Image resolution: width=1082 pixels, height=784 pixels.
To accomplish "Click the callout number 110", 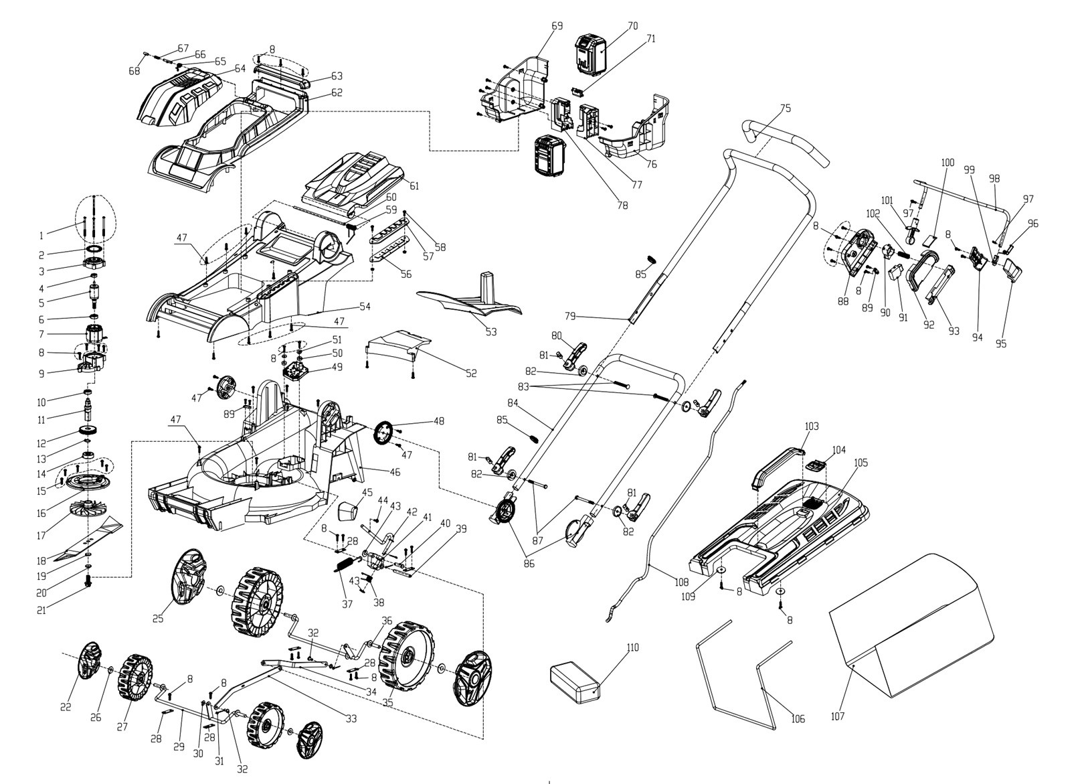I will coord(632,647).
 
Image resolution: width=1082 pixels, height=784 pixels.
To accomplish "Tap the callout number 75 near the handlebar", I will coord(785,108).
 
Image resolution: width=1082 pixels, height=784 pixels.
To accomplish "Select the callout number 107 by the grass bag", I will coord(838,716).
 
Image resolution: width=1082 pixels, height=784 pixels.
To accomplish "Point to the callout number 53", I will coord(491,332).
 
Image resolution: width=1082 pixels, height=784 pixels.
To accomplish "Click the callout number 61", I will coord(414,185).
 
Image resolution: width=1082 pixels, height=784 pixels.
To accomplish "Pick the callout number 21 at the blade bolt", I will coord(41,610).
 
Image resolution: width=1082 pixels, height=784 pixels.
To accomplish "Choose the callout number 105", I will coord(861,463).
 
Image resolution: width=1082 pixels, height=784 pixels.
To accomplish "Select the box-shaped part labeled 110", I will coord(574,679).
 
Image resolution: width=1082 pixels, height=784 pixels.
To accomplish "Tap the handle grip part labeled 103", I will coord(776,465).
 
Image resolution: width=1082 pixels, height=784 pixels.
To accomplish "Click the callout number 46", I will coord(395,472).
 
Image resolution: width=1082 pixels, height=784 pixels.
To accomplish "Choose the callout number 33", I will coord(351,718).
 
